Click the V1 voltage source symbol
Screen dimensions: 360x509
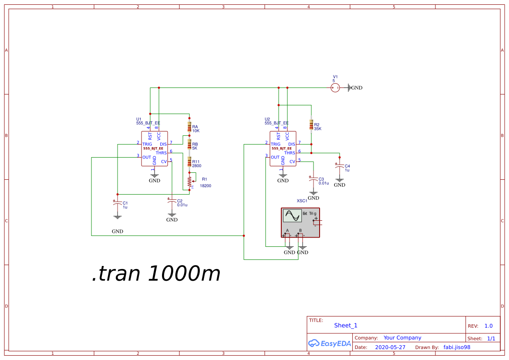pyautogui.click(x=335, y=88)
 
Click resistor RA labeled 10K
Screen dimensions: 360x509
pyautogui.click(x=189, y=127)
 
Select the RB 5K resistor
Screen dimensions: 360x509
pyautogui.click(x=189, y=144)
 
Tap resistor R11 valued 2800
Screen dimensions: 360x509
pyautogui.click(x=189, y=163)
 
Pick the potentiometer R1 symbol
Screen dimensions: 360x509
pyautogui.click(x=190, y=180)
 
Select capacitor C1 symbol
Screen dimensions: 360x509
pyautogui.click(x=117, y=203)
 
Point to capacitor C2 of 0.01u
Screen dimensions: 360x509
pyautogui.click(x=172, y=201)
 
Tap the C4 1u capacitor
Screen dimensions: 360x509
pyautogui.click(x=340, y=166)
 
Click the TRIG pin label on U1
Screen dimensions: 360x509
pyautogui.click(x=147, y=144)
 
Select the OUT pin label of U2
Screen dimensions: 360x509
pyautogui.click(x=275, y=157)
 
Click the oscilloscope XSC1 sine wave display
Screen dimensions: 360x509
pyautogui.click(x=292, y=216)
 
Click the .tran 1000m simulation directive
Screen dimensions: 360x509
pyautogui.click(x=156, y=273)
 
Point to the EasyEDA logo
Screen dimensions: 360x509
pyautogui.click(x=330, y=343)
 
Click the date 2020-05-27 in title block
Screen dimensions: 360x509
pyautogui.click(x=390, y=347)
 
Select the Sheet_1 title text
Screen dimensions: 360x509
pyautogui.click(x=346, y=325)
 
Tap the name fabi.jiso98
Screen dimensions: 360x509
pyautogui.click(x=457, y=347)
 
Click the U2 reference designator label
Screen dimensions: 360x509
pyautogui.click(x=267, y=119)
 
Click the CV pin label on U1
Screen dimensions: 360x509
pyautogui.click(x=164, y=161)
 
